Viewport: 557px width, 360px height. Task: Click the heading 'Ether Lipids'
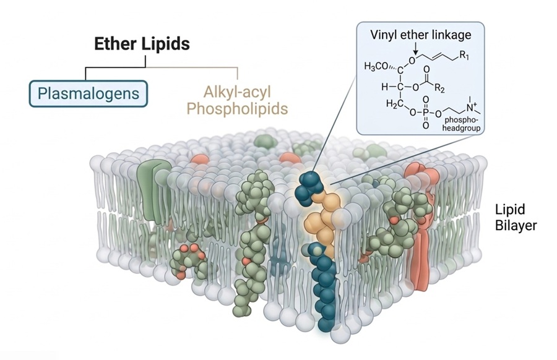click(x=142, y=44)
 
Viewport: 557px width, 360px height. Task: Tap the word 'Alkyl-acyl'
click(x=238, y=93)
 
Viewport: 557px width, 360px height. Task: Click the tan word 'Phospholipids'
click(x=238, y=109)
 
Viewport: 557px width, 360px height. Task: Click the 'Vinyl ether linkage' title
click(x=421, y=35)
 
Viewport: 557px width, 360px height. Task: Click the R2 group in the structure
click(x=457, y=88)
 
